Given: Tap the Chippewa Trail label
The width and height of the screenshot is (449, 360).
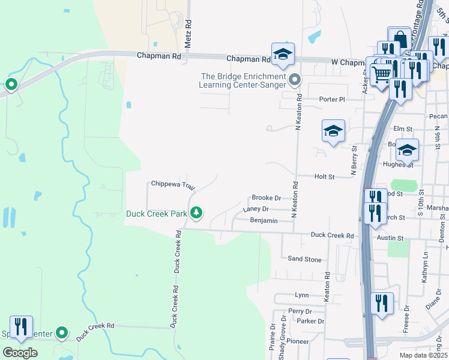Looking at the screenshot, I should tap(173, 184).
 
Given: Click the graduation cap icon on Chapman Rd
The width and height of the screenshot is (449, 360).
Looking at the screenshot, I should tap(282, 54).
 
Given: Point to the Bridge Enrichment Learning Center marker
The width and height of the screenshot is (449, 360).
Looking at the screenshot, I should tap(295, 79).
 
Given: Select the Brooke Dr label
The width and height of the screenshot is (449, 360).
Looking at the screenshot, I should tap(266, 197).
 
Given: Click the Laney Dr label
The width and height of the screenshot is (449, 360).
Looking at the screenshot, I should tap(256, 209).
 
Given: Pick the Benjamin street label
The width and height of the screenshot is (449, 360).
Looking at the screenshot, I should tap(264, 221).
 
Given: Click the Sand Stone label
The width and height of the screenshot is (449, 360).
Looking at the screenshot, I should tap(304, 259).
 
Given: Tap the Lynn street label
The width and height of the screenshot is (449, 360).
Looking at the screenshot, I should tap(301, 295).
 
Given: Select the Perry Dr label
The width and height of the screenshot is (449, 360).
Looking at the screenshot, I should tap(300, 311).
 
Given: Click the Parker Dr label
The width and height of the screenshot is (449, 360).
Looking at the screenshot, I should tap(310, 321).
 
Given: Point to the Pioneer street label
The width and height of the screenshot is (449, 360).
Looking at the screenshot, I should tap(297, 341).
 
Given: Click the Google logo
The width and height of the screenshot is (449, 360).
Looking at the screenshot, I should tap(20, 353).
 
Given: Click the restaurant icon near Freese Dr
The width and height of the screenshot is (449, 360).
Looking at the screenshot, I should tap(382, 303).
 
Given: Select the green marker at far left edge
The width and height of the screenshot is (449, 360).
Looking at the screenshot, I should tap(11, 85).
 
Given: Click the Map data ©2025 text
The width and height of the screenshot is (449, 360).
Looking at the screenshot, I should tap(423, 355).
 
